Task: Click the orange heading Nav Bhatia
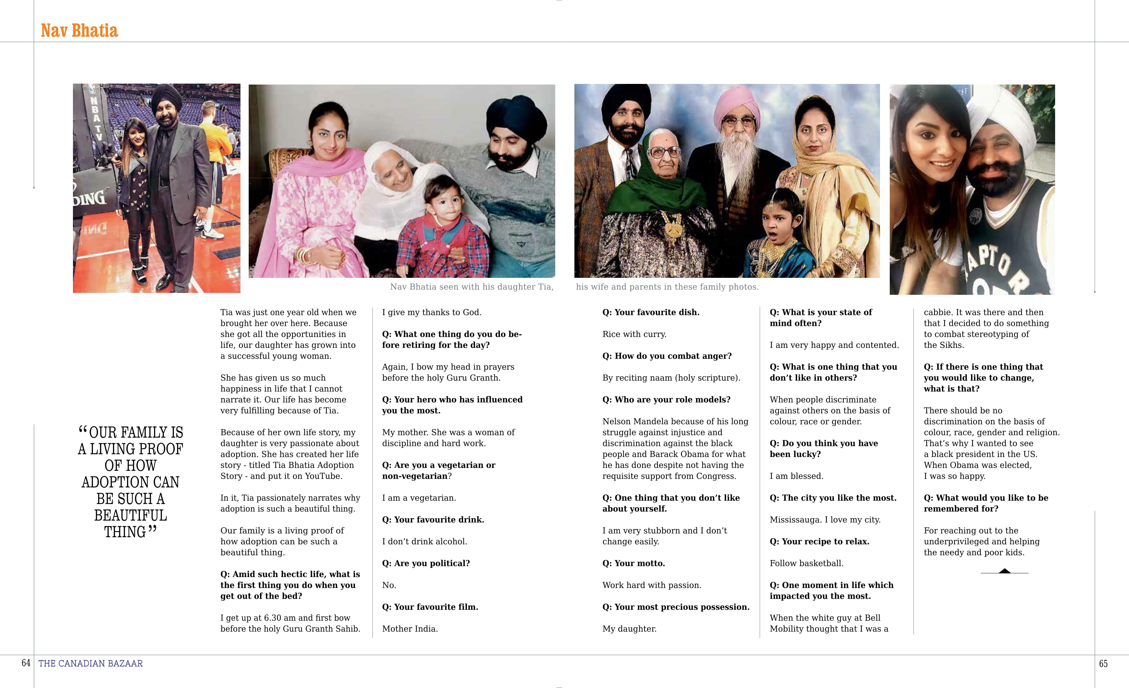click(79, 31)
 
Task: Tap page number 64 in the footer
click(26, 663)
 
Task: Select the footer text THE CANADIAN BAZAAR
click(91, 663)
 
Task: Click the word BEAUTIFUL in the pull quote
click(130, 515)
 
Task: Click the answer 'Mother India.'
click(410, 629)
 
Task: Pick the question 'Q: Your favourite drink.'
click(433, 520)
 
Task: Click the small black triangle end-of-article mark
click(1004, 571)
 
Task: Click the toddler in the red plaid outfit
click(442, 224)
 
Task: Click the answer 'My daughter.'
click(629, 629)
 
